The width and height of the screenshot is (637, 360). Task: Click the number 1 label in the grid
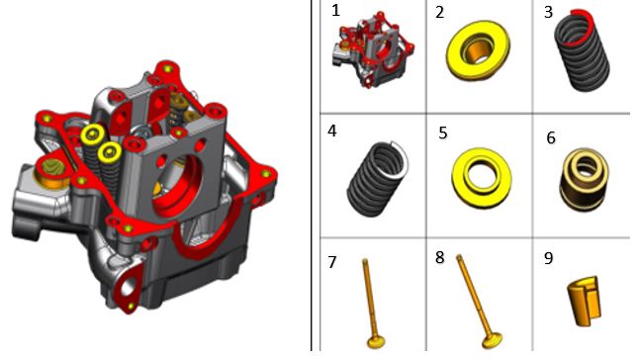[x=335, y=11]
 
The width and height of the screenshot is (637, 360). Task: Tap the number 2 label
[x=439, y=13]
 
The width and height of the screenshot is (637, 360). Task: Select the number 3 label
[x=548, y=12]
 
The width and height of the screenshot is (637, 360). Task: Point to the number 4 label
[x=332, y=131]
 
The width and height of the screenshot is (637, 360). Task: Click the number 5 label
[x=443, y=134]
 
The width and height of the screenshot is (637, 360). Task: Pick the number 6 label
[x=551, y=137]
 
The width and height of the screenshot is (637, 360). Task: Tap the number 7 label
[x=332, y=262]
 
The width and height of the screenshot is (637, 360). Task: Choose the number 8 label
[x=439, y=257]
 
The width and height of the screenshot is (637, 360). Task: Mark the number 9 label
[x=548, y=258]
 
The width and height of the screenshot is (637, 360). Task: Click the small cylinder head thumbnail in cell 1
[x=373, y=48]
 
